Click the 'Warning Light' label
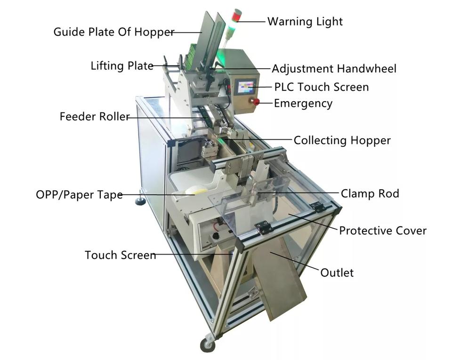(305, 22)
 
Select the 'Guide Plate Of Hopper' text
(113, 32)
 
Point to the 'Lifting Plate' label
(122, 66)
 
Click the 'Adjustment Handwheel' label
(334, 69)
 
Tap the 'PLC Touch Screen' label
(321, 87)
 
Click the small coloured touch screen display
(246, 87)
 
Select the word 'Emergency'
(303, 103)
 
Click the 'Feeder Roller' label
(94, 117)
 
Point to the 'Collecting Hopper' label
(342, 140)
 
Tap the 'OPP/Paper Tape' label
(79, 194)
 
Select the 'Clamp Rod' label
(370, 193)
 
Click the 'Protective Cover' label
(382, 231)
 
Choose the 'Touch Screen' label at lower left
(120, 255)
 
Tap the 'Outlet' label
(337, 272)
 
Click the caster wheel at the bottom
(208, 344)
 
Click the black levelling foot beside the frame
(140, 201)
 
